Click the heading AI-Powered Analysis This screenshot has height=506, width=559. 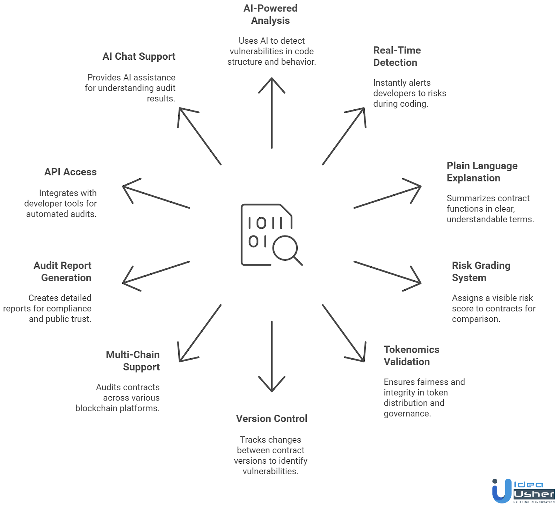pos(270,14)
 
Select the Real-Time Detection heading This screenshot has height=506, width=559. pos(397,56)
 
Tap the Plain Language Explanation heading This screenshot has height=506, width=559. pos(482,172)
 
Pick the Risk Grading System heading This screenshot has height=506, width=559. pos(481,272)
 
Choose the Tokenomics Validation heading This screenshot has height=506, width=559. pos(412,355)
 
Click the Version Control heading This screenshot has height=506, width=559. pos(271,418)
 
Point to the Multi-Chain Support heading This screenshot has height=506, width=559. pos(133,361)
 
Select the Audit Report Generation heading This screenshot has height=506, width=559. pos(63,272)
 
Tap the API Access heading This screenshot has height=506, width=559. pos(71,172)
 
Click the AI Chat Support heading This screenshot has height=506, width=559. pos(139,57)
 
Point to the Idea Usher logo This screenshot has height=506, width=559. pos(523,491)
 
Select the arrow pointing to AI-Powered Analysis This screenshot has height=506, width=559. pos(272,113)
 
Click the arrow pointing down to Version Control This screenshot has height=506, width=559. pos(272,356)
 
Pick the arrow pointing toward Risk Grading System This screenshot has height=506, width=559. pos(387,276)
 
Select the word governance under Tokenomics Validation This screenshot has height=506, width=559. pos(407,413)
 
